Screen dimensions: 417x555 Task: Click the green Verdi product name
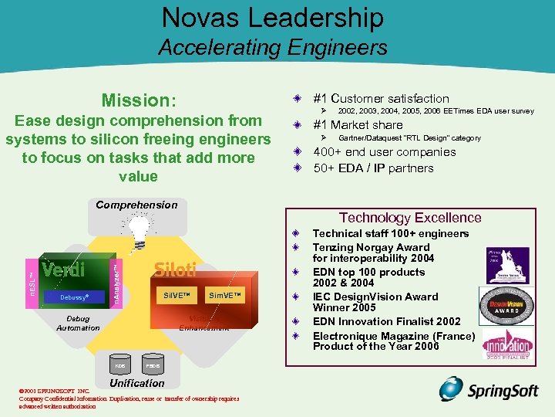tap(63, 270)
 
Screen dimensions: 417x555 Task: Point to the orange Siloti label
tap(175, 270)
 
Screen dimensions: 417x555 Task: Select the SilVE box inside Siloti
tap(177, 296)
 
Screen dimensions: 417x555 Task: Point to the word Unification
tap(137, 383)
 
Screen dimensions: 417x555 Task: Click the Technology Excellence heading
tap(410, 219)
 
